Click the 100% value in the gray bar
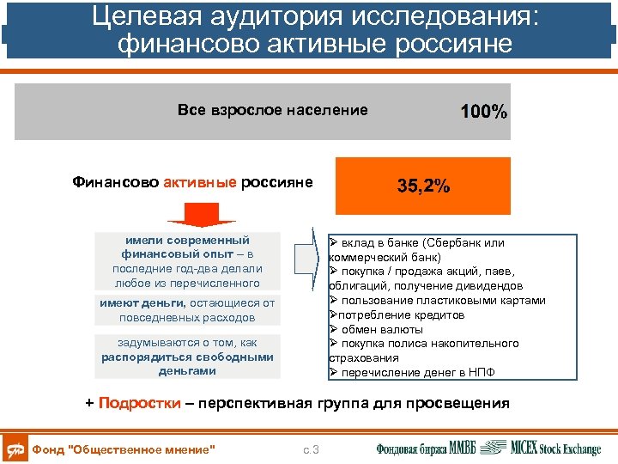pyautogui.click(x=483, y=113)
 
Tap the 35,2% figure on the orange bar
pyautogui.click(x=423, y=186)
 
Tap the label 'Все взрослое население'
pyautogui.click(x=272, y=110)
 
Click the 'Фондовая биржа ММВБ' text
pyautogui.click(x=426, y=448)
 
